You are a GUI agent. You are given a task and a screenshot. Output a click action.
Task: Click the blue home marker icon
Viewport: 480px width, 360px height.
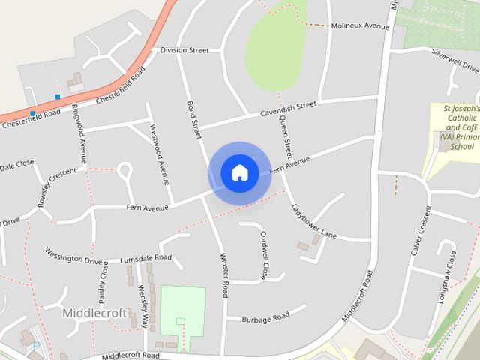[x=239, y=172]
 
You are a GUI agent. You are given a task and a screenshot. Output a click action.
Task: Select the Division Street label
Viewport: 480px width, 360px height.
[x=184, y=50]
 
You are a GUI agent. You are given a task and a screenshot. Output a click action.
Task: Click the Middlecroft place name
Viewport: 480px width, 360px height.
[x=95, y=312]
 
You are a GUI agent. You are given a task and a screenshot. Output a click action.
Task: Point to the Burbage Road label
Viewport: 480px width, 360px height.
[x=265, y=318]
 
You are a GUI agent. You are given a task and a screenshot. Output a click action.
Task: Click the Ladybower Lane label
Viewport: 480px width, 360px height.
[x=313, y=222]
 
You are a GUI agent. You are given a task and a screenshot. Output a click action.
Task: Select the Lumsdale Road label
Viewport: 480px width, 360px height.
[x=145, y=257]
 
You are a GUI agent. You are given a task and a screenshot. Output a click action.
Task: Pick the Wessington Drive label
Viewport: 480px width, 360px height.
[x=73, y=255]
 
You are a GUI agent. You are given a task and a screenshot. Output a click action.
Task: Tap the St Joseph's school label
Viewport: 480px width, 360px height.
[x=455, y=127]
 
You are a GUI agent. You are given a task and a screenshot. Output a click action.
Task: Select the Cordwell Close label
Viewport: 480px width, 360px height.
[x=264, y=253]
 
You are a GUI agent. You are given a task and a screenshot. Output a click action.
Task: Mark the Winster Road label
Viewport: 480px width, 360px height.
[x=223, y=276]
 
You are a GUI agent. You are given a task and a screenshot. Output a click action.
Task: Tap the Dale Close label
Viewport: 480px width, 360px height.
[x=16, y=164]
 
